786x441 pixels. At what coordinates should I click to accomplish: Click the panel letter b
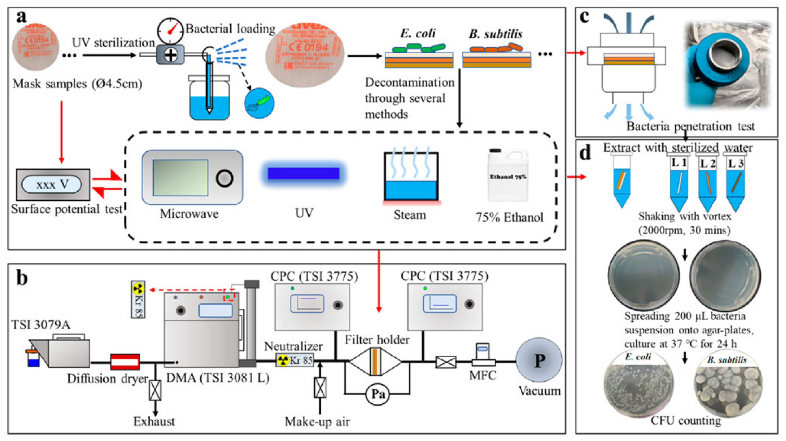tap(22, 278)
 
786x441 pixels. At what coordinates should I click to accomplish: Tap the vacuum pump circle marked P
tap(539, 360)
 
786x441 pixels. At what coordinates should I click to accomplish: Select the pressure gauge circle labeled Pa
tap(378, 394)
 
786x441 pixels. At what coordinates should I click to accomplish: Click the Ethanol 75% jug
tap(508, 175)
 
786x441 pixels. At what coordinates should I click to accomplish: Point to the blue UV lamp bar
tap(303, 173)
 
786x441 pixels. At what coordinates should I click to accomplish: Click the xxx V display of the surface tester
tap(51, 185)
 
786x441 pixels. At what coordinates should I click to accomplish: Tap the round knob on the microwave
tap(224, 178)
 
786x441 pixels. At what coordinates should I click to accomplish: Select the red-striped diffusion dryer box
tap(125, 362)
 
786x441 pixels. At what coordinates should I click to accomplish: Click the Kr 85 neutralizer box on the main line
tap(294, 360)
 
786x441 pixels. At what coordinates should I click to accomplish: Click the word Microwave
tap(189, 214)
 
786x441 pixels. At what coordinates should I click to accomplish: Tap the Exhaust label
tap(154, 421)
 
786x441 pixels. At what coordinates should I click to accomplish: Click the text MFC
tap(483, 376)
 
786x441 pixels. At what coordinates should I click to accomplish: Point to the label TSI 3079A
tap(41, 325)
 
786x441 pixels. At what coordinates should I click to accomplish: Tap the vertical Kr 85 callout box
tap(138, 299)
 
